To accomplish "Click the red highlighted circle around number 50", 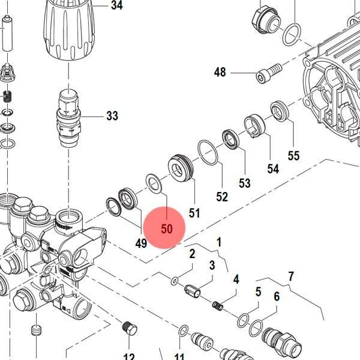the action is click(x=164, y=227).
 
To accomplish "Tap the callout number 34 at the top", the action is click(x=117, y=5).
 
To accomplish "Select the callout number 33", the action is click(x=112, y=116).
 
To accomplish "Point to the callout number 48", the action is click(x=220, y=72).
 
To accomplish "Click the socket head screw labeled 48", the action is click(x=269, y=73).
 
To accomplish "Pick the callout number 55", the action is click(x=293, y=155).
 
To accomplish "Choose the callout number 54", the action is click(x=273, y=169).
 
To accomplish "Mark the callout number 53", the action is click(x=245, y=183).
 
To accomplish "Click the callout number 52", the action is click(x=222, y=197).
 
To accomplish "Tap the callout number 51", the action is click(x=194, y=213).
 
